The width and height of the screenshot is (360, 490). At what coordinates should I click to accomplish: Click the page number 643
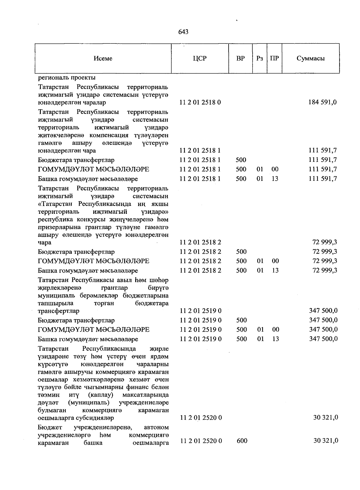coord(183,32)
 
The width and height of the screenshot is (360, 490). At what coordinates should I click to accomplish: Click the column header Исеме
coord(103,59)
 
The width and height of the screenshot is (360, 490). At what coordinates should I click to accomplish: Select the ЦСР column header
coord(200,59)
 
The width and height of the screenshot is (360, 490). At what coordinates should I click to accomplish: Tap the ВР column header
coord(240,59)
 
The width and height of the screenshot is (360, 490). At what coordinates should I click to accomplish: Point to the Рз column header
coord(259,59)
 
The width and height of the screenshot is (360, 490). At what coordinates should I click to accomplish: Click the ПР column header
coord(274,59)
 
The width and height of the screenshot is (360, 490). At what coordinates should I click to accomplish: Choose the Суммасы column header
coord(310,59)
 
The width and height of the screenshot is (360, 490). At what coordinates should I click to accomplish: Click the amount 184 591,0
coord(322,102)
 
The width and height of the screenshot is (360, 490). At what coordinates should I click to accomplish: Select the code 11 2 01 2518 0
coord(200,102)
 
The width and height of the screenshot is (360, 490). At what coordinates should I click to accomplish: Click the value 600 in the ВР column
coord(242,441)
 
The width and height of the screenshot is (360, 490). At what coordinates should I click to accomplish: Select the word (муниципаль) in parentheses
coord(89,402)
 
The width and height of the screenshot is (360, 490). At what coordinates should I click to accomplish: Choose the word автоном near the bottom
coord(156,427)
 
